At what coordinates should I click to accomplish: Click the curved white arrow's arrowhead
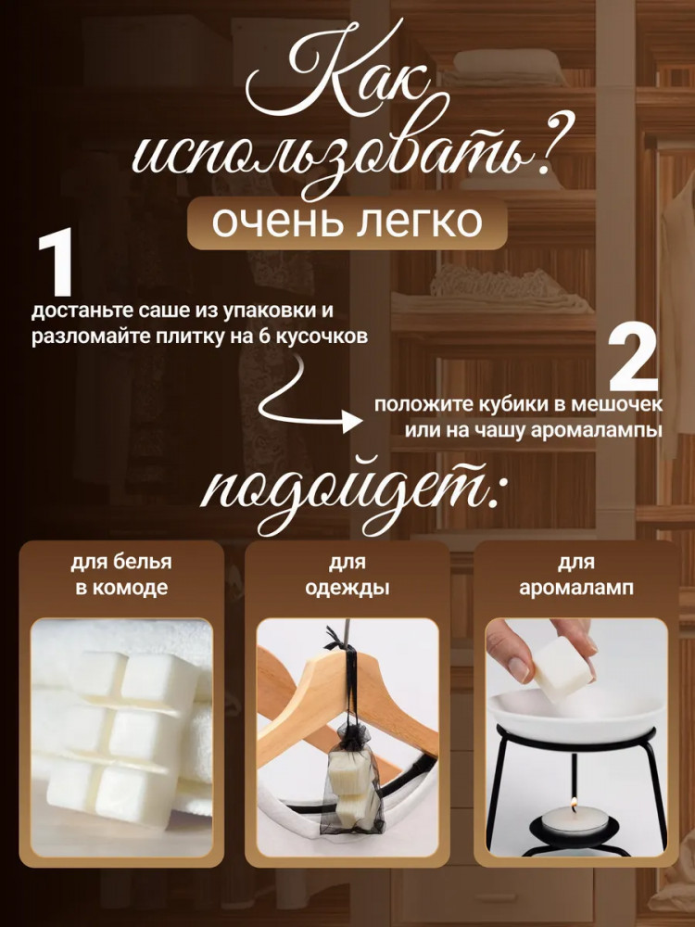click(353, 422)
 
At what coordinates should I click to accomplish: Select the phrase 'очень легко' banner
click(347, 222)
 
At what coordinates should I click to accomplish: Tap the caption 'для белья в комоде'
click(121, 575)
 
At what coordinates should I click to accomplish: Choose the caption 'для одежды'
click(347, 575)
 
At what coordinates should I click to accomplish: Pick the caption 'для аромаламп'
click(576, 575)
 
